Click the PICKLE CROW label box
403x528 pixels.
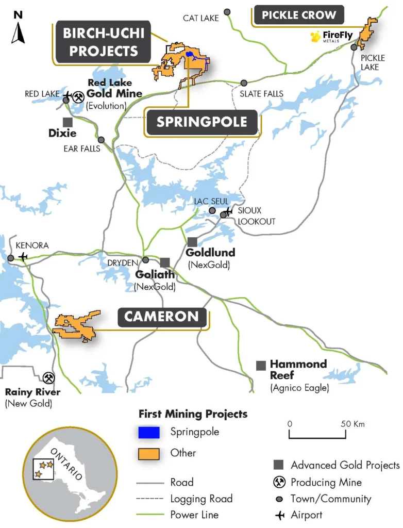[298, 15]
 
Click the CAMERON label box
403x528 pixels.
[161, 317]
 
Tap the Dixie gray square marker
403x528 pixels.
[67, 122]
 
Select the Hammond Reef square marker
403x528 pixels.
[261, 365]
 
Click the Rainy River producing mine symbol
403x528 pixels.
[49, 378]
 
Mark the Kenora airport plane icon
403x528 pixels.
[23, 257]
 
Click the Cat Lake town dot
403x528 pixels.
[227, 11]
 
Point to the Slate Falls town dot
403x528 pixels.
[244, 82]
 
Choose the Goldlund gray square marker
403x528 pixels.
[192, 241]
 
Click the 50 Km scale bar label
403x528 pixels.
[351, 424]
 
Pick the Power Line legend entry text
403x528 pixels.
[194, 515]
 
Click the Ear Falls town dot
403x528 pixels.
[101, 140]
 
